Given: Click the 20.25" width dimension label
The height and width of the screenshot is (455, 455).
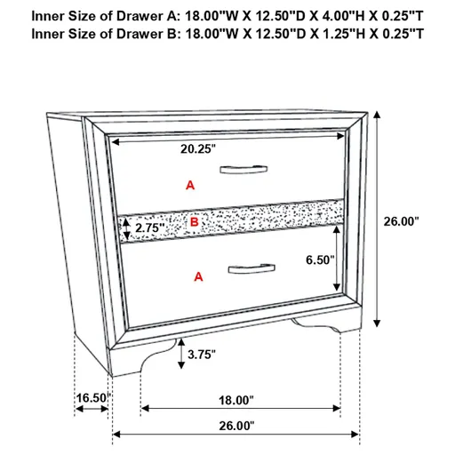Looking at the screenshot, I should coord(198,150).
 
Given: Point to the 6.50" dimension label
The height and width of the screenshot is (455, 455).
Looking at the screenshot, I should coord(317,260).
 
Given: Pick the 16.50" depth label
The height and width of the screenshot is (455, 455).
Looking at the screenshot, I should coord(91,399).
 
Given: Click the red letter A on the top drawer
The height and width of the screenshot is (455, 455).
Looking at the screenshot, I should coord(188,185).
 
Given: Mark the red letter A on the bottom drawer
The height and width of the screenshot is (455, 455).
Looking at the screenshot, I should coord(198,277).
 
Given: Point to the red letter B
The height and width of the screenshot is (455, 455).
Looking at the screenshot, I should coord(195,220).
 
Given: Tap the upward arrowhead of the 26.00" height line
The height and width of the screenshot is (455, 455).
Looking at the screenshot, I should coord(379,115).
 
